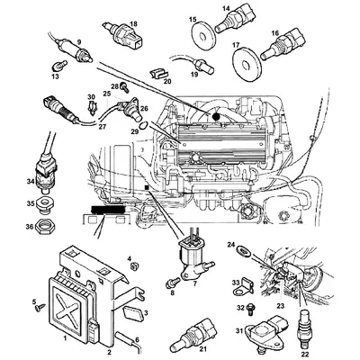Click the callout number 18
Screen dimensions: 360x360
click(133, 23)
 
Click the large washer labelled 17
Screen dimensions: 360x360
click(244, 62)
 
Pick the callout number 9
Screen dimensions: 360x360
click(78, 42)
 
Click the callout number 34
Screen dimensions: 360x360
click(30, 182)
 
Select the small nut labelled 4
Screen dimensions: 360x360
click(133, 267)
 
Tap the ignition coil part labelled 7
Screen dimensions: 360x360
click(193, 263)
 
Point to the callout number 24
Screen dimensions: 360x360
click(230, 245)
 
